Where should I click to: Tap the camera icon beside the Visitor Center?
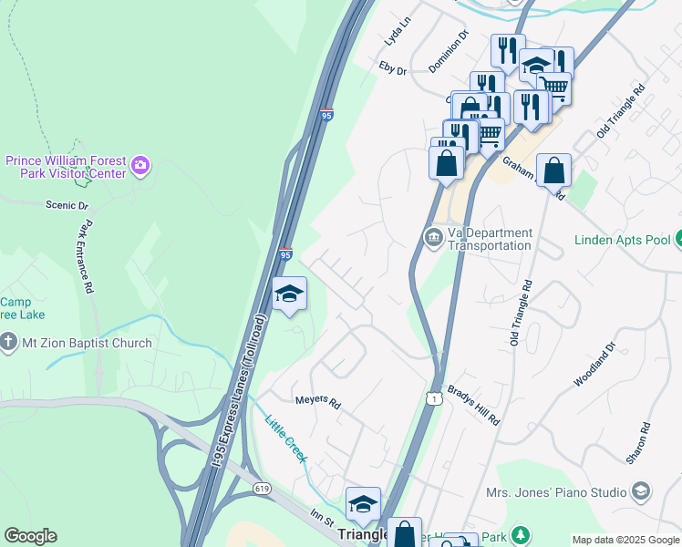click(x=140, y=166)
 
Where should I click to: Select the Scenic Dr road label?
click(x=67, y=206)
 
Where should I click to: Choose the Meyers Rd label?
click(x=316, y=401)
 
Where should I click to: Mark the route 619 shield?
click(x=262, y=489)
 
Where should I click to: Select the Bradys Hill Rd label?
click(x=475, y=405)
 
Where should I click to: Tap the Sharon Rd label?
click(x=645, y=441)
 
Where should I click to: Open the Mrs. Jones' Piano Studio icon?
click(x=641, y=491)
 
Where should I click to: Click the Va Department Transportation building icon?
click(x=433, y=238)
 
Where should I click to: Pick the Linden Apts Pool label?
click(x=623, y=241)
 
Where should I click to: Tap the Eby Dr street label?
click(x=396, y=67)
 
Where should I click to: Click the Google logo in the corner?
click(x=30, y=536)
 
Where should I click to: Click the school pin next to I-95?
click(x=290, y=294)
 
